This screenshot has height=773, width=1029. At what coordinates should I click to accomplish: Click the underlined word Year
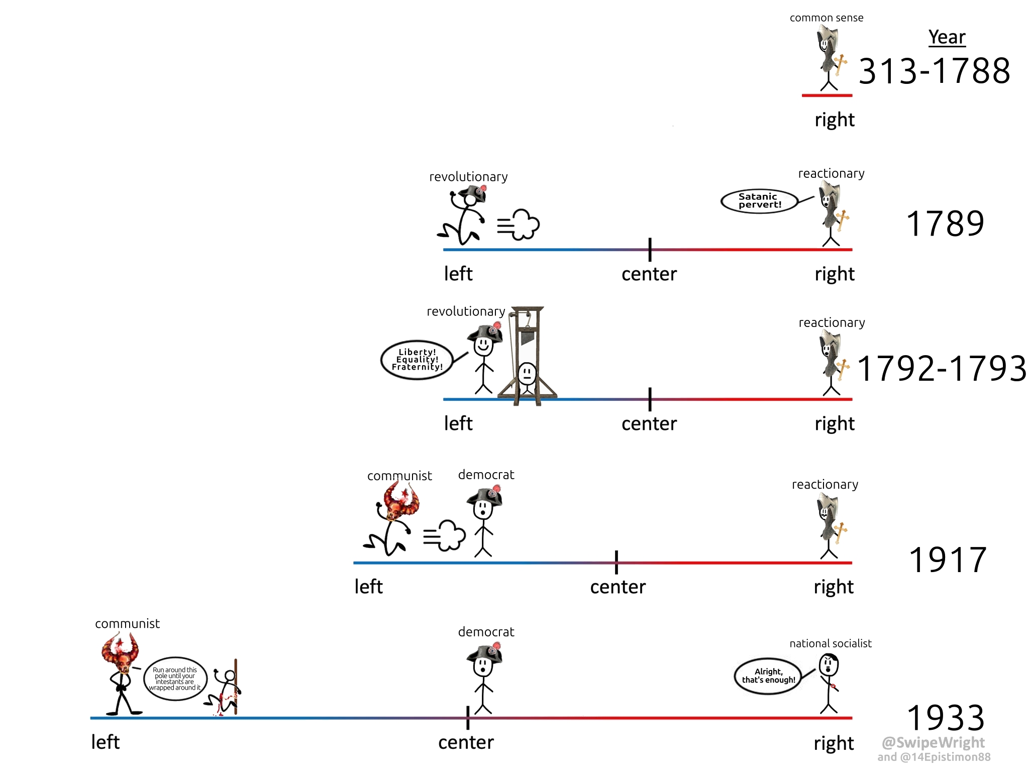point(947,37)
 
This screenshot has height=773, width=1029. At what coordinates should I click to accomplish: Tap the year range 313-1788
point(934,71)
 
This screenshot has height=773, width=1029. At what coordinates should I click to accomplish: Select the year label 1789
point(945,224)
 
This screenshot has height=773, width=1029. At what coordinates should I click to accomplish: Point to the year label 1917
point(948,560)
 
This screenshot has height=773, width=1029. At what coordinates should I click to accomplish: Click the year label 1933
point(946,718)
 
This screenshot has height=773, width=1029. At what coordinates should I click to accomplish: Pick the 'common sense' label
point(827,18)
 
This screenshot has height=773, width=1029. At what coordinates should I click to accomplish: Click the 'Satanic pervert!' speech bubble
point(759,201)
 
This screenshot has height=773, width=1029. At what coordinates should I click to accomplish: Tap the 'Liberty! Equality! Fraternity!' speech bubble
point(417,360)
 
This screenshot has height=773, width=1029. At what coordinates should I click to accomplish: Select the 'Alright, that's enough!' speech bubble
point(768,676)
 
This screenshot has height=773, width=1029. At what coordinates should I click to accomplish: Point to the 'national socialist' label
point(831,643)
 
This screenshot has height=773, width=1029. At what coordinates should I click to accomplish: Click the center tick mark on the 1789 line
point(650,250)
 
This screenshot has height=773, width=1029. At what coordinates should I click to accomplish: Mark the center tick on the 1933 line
point(468,718)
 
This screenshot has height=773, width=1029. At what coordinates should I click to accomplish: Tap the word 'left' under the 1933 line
point(105,742)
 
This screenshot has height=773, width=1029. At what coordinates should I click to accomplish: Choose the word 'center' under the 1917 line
point(618,587)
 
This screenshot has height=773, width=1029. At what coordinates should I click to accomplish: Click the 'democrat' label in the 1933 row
point(486,632)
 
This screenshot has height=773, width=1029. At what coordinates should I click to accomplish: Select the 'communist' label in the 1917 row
point(399,476)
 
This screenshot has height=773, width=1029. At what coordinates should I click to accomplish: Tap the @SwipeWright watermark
point(933,742)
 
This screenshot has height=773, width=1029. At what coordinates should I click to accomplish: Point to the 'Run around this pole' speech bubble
point(175,679)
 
